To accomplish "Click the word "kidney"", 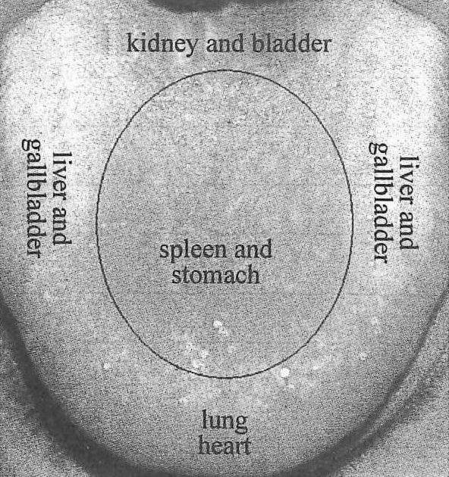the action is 161,45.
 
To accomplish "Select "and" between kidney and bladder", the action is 225,45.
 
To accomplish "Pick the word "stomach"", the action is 215,275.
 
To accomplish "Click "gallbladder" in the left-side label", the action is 32,198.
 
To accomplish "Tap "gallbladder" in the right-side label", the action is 378,203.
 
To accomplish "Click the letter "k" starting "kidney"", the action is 133,45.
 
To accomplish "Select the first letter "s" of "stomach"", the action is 176,276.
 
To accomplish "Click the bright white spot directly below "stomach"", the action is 218,324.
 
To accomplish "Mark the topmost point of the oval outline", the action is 225,70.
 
